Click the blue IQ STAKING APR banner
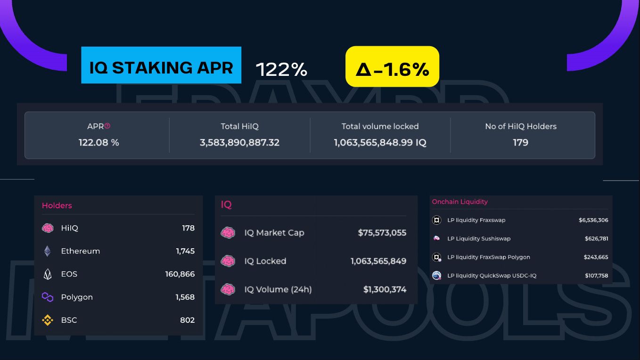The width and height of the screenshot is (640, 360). tap(161, 65)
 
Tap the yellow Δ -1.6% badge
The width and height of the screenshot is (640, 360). tap(392, 66)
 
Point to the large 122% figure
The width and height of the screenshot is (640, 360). tap(281, 70)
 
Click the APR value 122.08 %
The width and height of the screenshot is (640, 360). tap(98, 142)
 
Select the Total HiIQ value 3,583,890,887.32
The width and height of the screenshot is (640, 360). tap(239, 142)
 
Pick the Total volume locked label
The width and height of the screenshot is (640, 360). tap(380, 126)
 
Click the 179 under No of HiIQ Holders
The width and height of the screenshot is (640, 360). tap(520, 142)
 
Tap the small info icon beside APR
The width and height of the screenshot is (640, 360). tap(107, 126)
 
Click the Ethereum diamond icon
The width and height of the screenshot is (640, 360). tap(48, 251)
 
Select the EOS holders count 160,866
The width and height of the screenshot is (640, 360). tap(180, 274)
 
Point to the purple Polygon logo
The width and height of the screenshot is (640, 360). tap(48, 297)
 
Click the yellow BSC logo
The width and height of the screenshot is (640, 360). tap(48, 320)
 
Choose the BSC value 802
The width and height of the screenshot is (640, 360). tap(187, 320)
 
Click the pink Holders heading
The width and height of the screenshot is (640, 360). tap(57, 205)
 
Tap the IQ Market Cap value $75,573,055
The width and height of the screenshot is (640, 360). tap(382, 233)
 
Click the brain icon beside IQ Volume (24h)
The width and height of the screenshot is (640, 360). tap(228, 289)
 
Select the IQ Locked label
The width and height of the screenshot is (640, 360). tap(265, 261)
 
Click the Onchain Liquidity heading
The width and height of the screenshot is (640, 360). tap(459, 202)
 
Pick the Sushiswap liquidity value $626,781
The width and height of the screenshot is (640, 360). tap(596, 238)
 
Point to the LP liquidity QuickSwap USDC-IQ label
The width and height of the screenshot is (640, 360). tap(492, 276)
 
